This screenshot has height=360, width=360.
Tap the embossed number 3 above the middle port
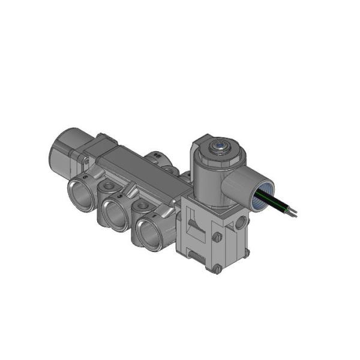tap(120, 196)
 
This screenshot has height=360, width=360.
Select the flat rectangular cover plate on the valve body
tap(142, 174)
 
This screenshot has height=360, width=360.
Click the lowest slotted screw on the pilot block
tap(217, 269)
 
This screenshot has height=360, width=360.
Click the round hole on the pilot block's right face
tap(241, 223)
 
